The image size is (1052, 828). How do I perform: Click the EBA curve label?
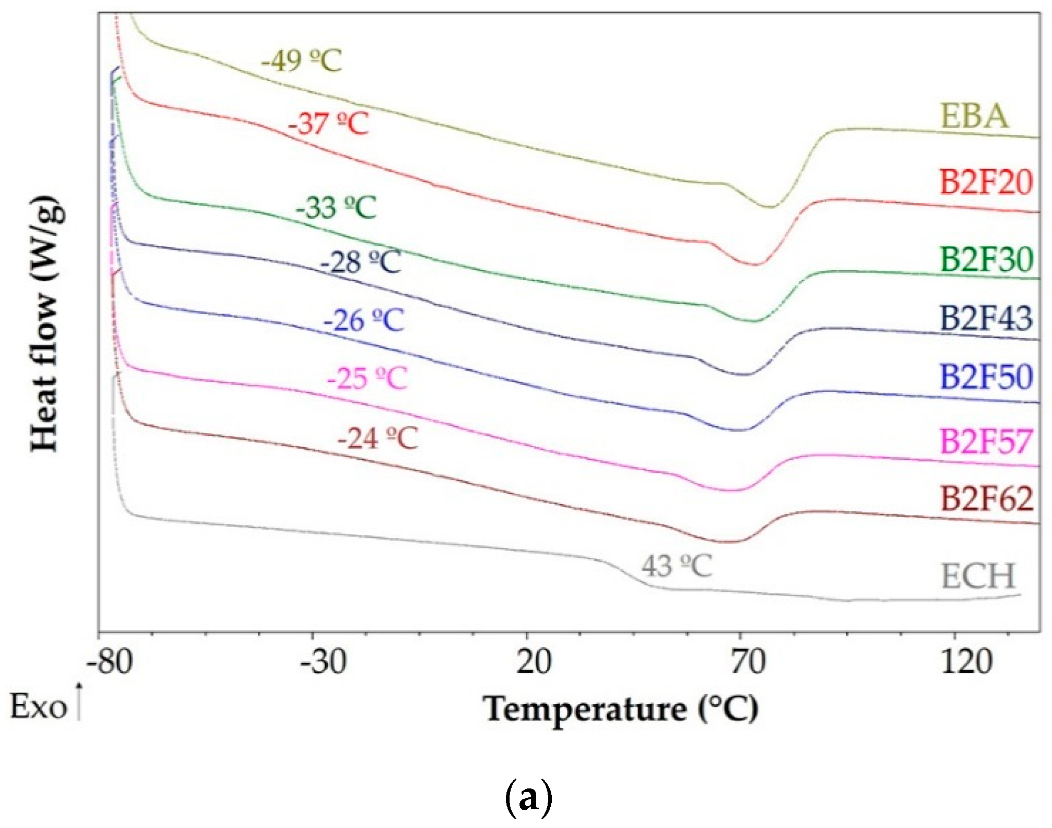point(974,116)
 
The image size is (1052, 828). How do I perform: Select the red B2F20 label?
point(986,183)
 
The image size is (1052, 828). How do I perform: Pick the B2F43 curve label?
point(986,318)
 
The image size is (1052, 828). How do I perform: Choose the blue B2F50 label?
point(986,377)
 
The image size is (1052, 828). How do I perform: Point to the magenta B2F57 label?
point(986,441)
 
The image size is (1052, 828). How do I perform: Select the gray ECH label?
point(978,576)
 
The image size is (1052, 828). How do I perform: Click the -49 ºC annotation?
point(301,61)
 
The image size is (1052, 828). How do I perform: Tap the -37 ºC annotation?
point(328,124)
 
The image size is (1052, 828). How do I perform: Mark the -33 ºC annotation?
point(336,207)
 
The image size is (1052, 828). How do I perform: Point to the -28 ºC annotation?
point(360,261)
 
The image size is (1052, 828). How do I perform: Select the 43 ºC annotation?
point(676,566)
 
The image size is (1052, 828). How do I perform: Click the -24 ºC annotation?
point(377,438)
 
